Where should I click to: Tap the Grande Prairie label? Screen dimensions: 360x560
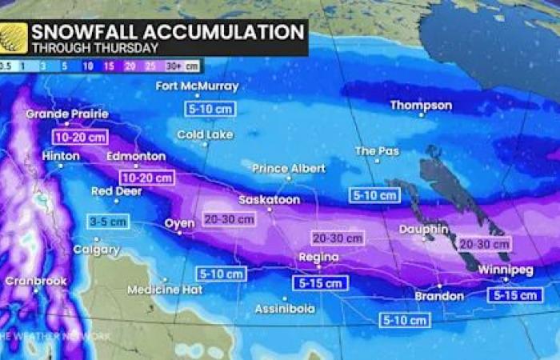[66, 114]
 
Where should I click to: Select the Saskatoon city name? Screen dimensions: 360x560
[269, 200]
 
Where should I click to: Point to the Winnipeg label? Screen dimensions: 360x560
[505, 270]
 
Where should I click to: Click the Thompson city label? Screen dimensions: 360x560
[421, 106]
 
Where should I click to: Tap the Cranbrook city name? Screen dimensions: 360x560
[35, 281]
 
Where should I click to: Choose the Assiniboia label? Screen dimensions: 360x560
[284, 308]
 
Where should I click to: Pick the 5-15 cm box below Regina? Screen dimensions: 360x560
[321, 282]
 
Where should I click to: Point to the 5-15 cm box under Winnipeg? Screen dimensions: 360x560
[514, 295]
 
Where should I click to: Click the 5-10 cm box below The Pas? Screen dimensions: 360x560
[374, 194]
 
